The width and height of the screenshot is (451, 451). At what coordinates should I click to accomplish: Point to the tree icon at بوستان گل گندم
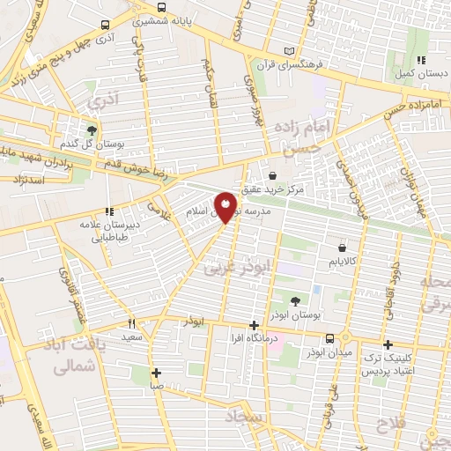(92, 130)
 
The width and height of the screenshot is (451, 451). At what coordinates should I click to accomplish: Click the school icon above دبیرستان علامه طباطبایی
(109, 211)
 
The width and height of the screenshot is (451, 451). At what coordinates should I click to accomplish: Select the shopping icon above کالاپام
(341, 248)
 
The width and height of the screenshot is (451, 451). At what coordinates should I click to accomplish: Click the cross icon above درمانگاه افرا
(254, 326)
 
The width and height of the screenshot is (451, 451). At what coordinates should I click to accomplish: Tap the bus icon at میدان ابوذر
(329, 338)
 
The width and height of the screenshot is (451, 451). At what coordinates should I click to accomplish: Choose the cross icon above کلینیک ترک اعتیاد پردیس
(387, 344)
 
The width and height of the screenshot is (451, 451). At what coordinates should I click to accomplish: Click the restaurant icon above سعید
(131, 322)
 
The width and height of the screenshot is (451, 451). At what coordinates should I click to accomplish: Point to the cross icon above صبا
(156, 372)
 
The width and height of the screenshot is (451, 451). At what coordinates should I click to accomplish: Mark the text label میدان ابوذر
(329, 353)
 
